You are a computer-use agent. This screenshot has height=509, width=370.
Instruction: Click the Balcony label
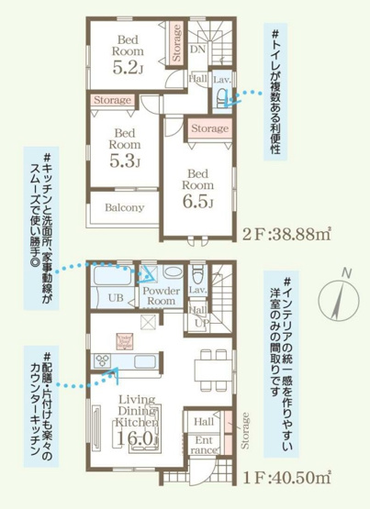coord(123,207)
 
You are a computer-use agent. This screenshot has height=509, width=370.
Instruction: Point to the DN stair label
coord(197,49)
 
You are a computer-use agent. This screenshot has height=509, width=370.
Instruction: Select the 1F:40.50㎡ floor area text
coord(288,478)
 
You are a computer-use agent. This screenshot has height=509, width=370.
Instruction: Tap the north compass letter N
coord(345,271)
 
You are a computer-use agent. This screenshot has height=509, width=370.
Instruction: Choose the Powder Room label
coord(162,295)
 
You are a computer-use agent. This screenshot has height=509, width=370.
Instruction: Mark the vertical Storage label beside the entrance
coord(245,432)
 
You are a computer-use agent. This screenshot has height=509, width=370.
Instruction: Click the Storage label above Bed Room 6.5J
coord(210,129)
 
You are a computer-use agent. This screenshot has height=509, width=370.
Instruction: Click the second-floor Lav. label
coord(221,81)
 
